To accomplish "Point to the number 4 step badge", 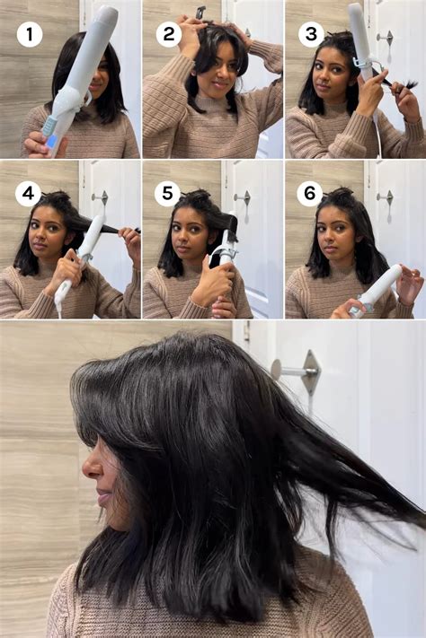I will tap(28, 193).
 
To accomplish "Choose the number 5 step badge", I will tap(169, 193).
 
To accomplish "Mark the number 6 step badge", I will tap(309, 193).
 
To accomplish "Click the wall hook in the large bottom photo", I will tap(298, 369).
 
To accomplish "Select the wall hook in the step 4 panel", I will tap(100, 197).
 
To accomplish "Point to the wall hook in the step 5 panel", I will tap(242, 197).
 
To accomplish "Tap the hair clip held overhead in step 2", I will tap(202, 13).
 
